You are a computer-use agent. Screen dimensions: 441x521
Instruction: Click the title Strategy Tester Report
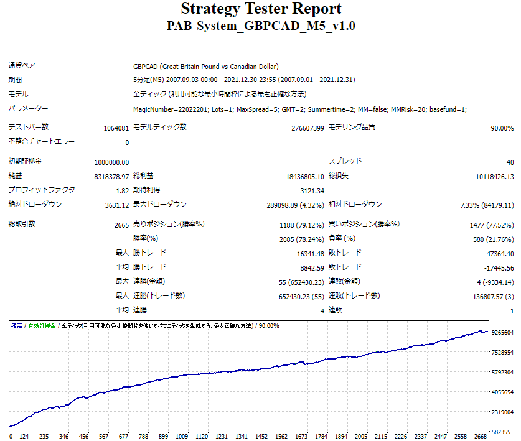[x=261, y=9]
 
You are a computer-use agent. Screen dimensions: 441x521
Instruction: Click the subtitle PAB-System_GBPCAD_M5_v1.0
[x=261, y=26]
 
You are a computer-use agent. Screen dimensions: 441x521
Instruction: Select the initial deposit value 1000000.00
[x=112, y=162]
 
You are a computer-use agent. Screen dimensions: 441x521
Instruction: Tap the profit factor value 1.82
[x=123, y=191]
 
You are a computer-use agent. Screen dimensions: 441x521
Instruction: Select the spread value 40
[x=510, y=162]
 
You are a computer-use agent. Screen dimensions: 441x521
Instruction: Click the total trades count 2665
[x=121, y=225]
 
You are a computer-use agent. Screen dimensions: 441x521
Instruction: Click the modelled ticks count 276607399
[x=299, y=128]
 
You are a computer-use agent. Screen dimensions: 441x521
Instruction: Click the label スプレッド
[x=345, y=161]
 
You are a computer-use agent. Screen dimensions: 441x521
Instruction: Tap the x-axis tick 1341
[x=242, y=436]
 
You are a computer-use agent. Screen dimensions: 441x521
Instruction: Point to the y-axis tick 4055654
[x=502, y=392]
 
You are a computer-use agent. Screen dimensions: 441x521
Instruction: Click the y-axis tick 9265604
[x=502, y=333]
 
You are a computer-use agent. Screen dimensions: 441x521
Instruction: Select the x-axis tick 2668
[x=481, y=436]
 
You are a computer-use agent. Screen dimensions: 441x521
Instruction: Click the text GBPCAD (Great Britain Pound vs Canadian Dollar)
[x=205, y=67]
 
